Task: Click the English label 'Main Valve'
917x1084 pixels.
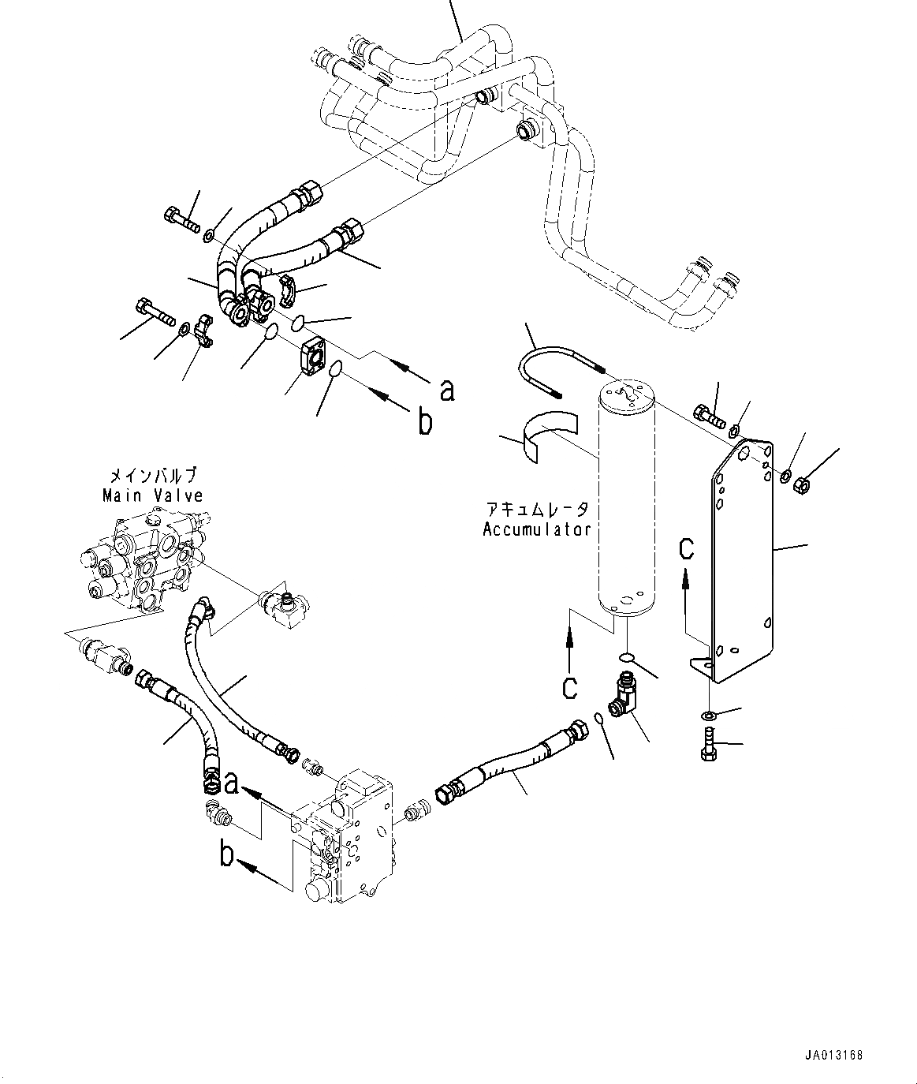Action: click(x=152, y=495)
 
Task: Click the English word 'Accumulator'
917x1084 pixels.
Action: click(x=537, y=529)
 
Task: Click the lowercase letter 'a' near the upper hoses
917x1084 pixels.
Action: click(x=447, y=390)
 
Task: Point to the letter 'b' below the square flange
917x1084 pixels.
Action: click(x=425, y=423)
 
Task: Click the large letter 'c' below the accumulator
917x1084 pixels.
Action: click(x=568, y=686)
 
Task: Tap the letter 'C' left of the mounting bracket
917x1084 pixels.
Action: click(x=687, y=548)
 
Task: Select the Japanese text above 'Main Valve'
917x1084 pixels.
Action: click(x=152, y=476)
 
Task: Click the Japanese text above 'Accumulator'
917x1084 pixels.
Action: click(x=537, y=509)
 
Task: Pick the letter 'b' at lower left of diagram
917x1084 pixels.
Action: click(x=227, y=855)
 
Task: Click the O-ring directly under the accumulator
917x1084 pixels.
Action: click(x=627, y=657)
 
